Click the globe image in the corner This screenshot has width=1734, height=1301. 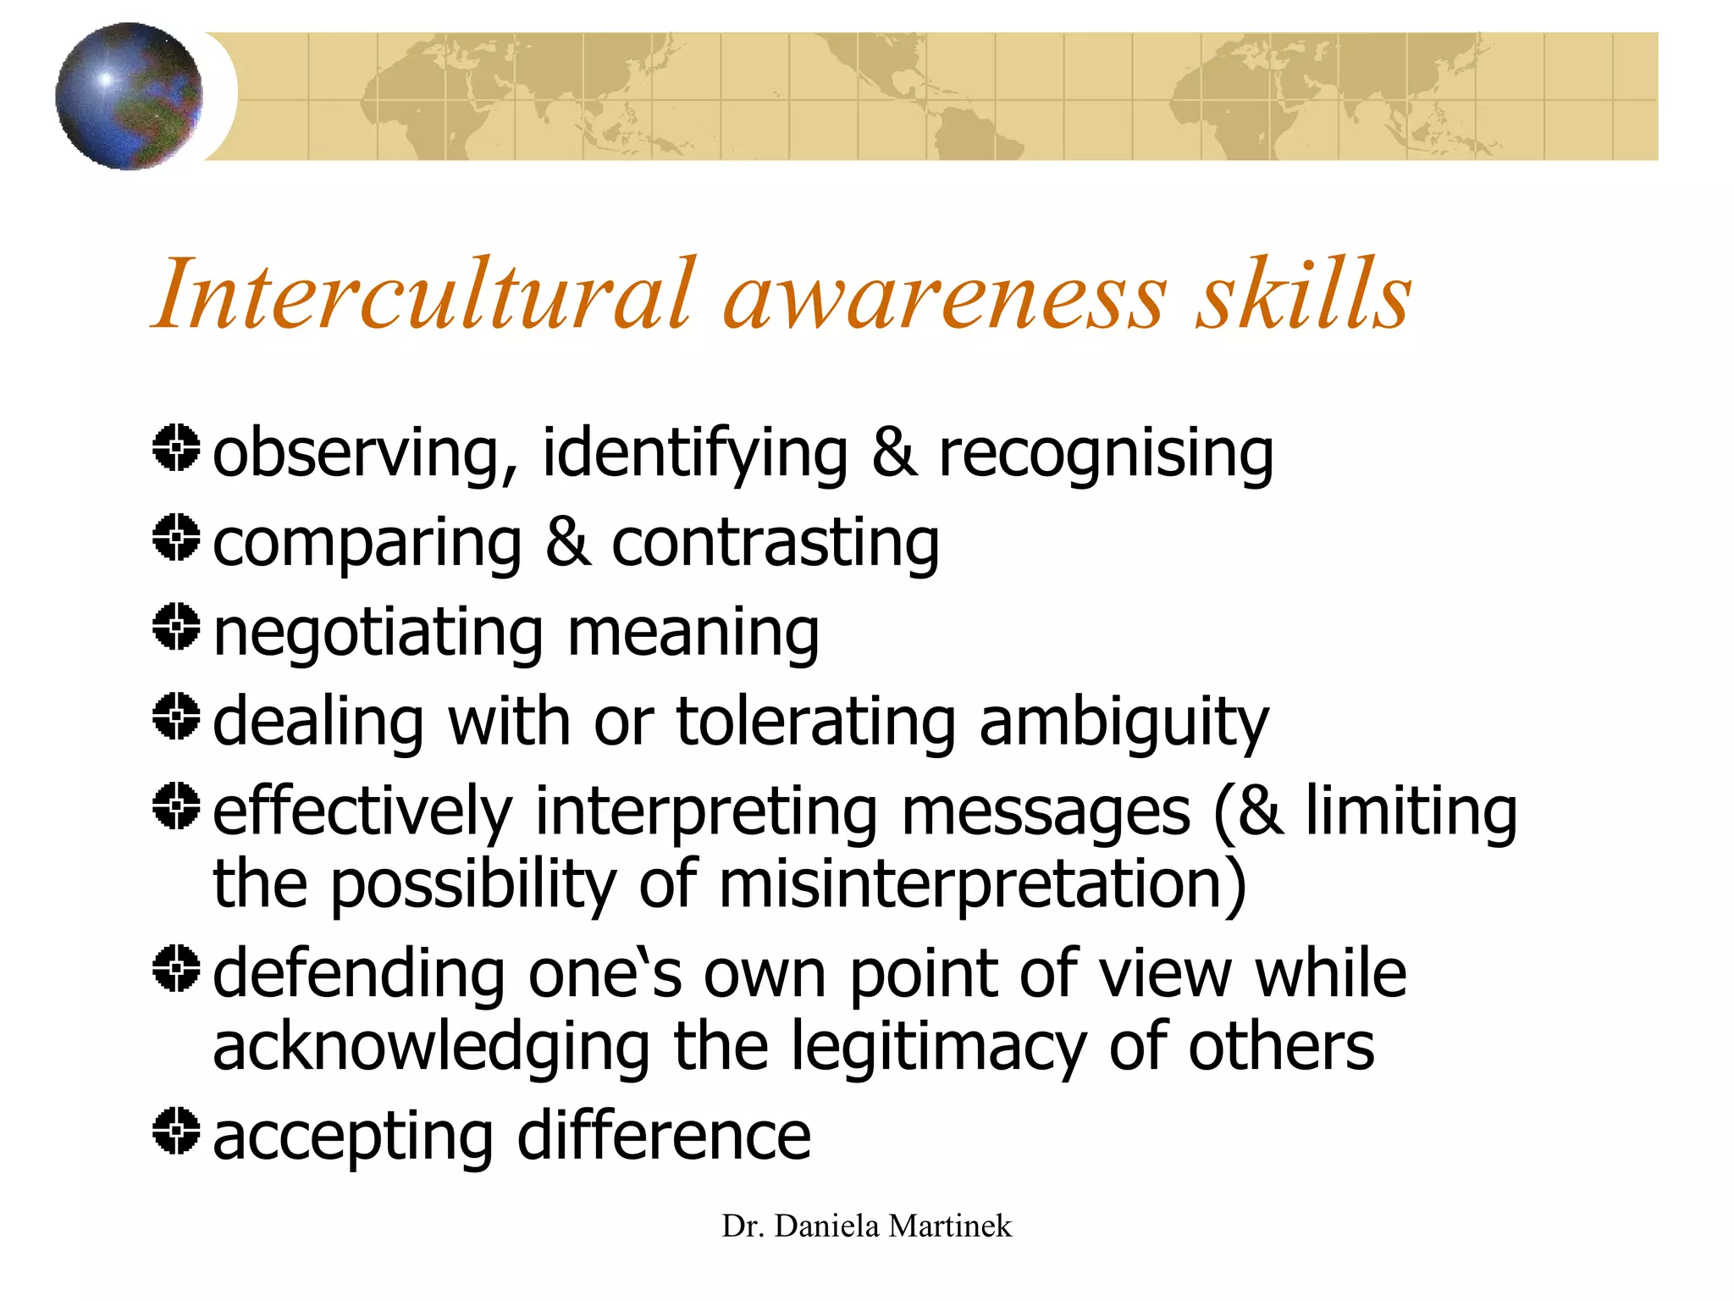pos(129,97)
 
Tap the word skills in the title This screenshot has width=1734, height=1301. pos(1303,294)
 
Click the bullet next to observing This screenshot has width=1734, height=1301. pos(176,448)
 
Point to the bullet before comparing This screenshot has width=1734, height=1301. pos(176,537)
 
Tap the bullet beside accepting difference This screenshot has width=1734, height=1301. pos(176,1131)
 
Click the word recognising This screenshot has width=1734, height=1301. pos(1106,455)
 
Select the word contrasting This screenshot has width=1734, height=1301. pos(775,544)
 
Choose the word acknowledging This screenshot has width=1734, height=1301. pos(431,1049)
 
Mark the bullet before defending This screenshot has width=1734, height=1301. pos(176,968)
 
